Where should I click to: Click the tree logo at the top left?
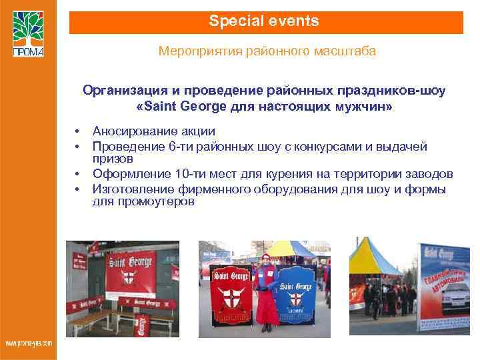(27, 32)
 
